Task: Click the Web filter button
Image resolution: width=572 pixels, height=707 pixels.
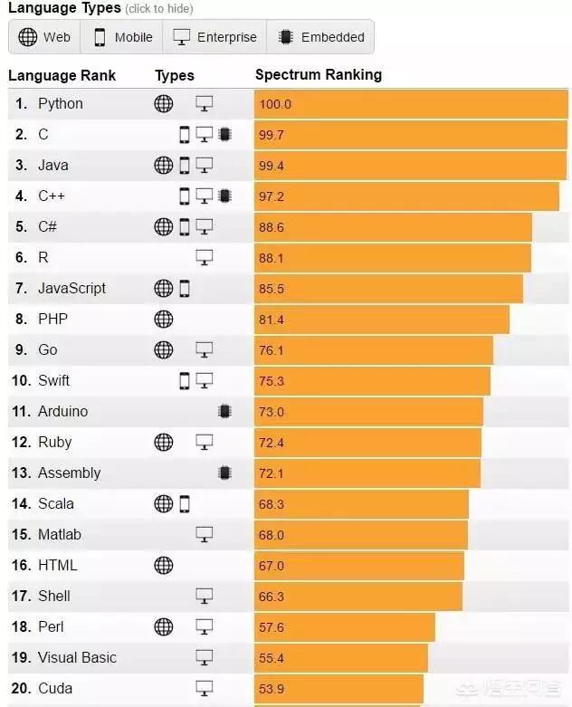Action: click(44, 37)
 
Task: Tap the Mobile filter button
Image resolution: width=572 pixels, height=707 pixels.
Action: click(122, 37)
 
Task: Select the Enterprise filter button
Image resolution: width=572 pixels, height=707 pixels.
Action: click(215, 37)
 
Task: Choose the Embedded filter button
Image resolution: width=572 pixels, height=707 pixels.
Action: click(321, 37)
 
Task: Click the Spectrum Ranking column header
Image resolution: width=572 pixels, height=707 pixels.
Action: click(318, 75)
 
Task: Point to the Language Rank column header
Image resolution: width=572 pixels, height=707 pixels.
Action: click(62, 75)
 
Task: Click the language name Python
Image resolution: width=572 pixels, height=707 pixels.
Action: click(60, 104)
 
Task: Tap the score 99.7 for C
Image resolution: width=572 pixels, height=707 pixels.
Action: click(271, 135)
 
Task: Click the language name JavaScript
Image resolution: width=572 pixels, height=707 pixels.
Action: click(71, 289)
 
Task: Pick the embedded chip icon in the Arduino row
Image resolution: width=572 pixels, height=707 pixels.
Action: click(224, 412)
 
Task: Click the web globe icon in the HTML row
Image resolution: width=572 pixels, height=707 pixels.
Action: click(163, 566)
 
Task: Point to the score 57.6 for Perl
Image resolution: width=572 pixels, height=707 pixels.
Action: click(271, 627)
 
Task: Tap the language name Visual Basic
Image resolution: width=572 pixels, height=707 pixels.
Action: click(77, 658)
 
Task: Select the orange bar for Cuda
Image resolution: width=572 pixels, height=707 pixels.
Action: click(339, 689)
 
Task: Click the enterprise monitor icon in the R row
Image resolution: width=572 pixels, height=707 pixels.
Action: click(205, 258)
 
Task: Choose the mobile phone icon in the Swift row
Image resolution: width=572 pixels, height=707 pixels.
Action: click(185, 381)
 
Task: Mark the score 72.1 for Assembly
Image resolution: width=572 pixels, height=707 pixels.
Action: click(271, 473)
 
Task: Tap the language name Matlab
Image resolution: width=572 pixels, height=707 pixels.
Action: click(59, 535)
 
